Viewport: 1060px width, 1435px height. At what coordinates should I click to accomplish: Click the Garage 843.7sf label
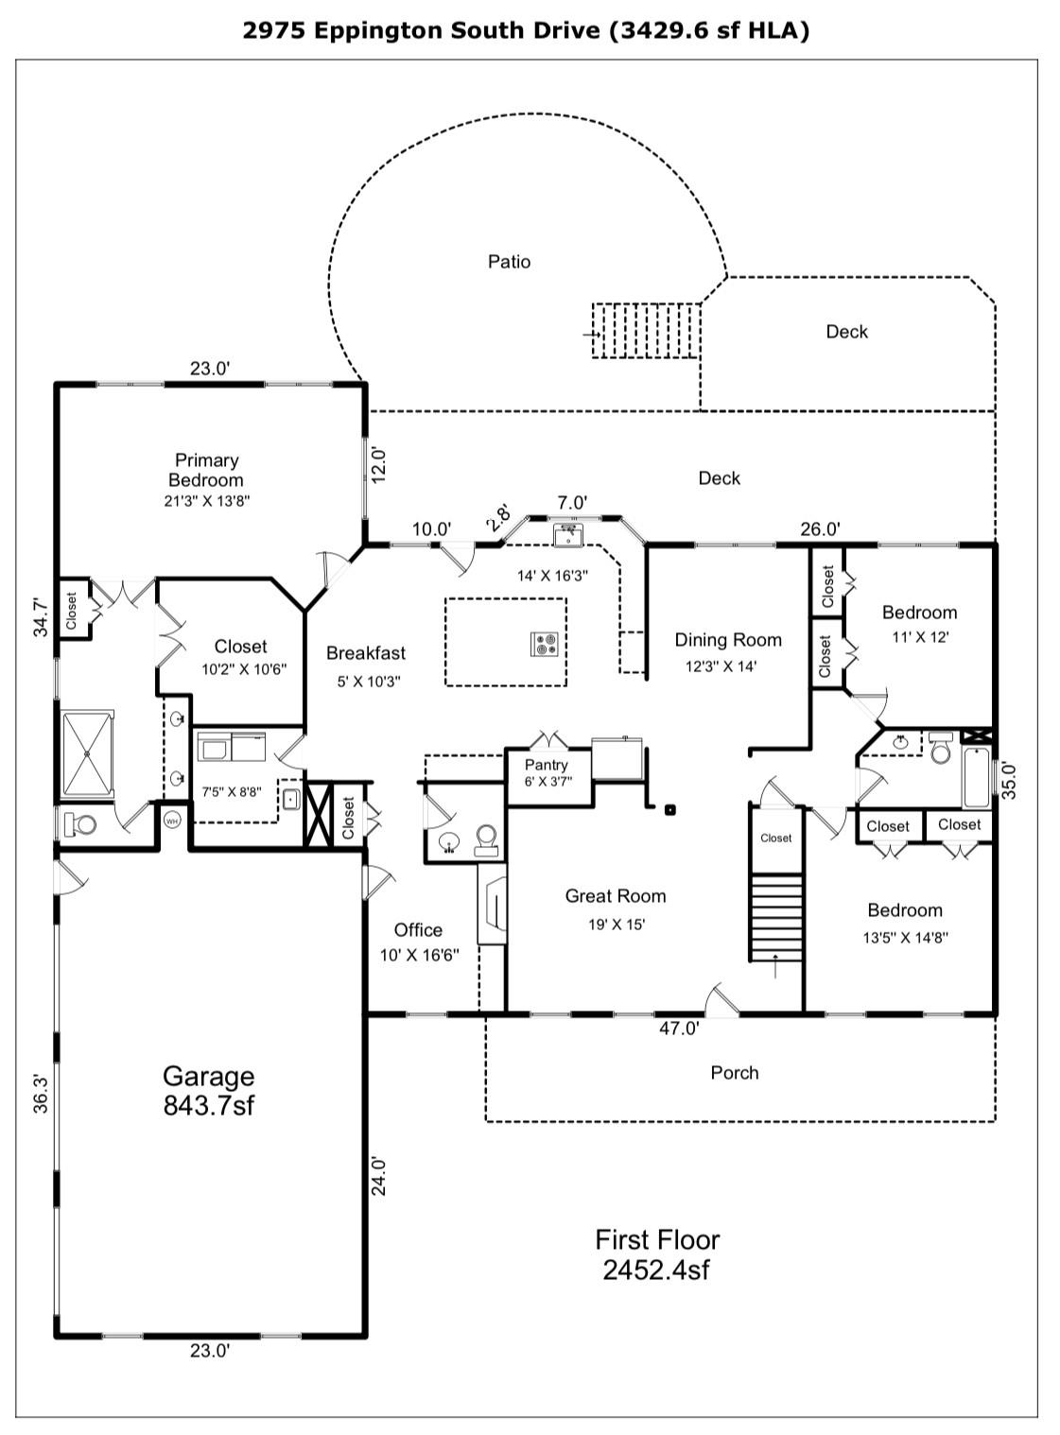pos(208,1090)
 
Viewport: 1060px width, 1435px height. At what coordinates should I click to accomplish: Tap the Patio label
pos(509,262)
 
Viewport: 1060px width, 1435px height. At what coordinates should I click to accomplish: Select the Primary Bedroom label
pos(206,470)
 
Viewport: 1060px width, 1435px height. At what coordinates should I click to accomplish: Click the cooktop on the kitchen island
pos(545,644)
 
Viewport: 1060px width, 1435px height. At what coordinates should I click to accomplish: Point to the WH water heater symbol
pos(172,821)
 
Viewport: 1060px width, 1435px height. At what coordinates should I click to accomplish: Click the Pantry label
pos(547,765)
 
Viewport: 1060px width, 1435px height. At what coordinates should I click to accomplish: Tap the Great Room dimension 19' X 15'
pos(616,925)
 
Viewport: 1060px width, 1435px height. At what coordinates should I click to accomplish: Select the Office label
pos(418,930)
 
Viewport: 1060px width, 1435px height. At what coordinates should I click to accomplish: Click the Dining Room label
pos(728,640)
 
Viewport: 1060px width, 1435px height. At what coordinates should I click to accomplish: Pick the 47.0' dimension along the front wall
pos(679,1029)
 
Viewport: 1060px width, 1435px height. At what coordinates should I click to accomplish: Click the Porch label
pos(735,1073)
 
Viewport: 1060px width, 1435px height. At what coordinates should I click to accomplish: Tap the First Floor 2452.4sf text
pos(657,1254)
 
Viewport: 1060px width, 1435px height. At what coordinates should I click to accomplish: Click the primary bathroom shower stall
pos(87,753)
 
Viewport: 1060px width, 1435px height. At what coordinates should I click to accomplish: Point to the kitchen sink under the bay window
pos(568,536)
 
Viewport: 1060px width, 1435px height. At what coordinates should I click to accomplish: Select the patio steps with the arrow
pos(646,330)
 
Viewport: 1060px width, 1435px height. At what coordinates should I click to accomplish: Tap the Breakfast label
pos(366,653)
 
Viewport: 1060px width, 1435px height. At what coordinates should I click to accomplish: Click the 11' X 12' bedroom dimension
pos(920,637)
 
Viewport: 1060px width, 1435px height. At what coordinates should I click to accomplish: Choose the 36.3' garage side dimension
pos(41,1093)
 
